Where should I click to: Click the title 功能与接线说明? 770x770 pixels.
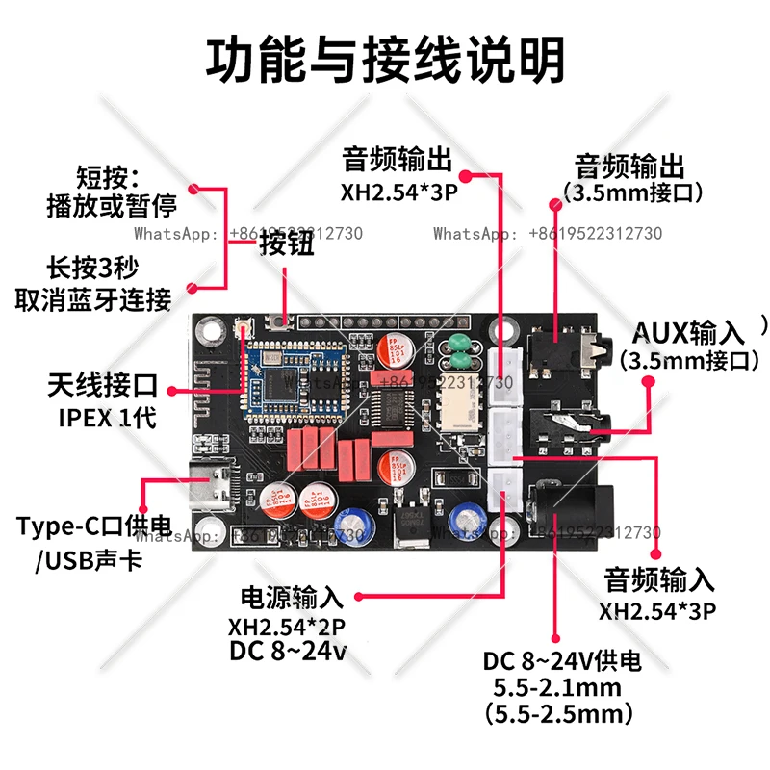coord(385,61)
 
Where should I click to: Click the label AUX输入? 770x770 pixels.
coord(688,333)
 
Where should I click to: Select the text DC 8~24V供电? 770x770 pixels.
coord(562,662)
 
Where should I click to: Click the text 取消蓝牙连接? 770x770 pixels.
coord(93,299)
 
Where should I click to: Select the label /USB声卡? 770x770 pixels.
coord(89,559)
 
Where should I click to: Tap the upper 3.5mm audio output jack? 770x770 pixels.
coord(562,351)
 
